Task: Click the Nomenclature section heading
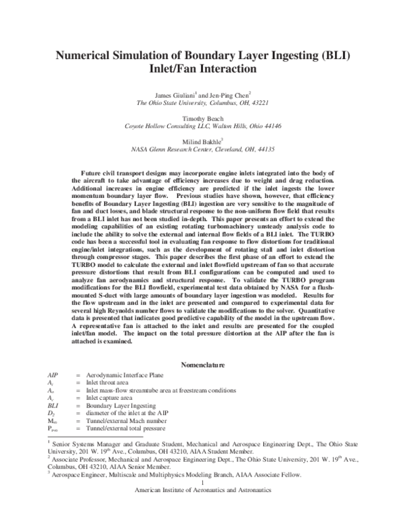pos(204,365)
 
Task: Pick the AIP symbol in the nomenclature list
pos(53,375)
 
